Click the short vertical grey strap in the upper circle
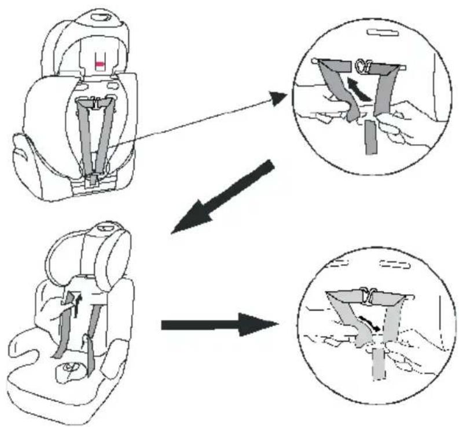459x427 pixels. point(370,140)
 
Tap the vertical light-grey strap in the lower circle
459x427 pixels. point(378,362)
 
